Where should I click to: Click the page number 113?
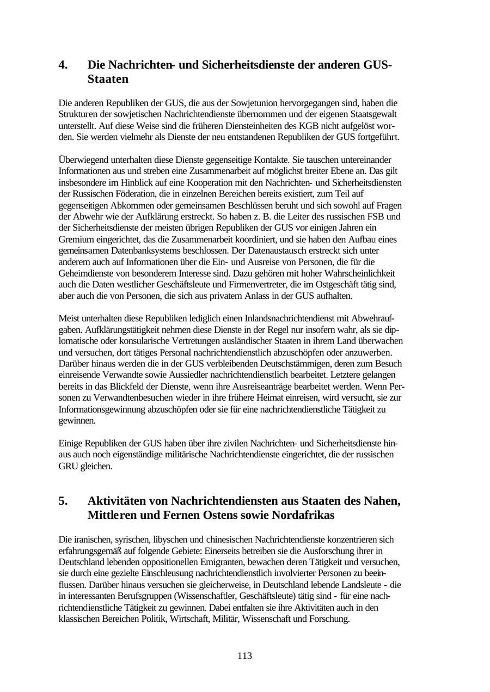point(244,656)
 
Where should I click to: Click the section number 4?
point(63,65)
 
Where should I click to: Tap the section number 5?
point(63,501)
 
